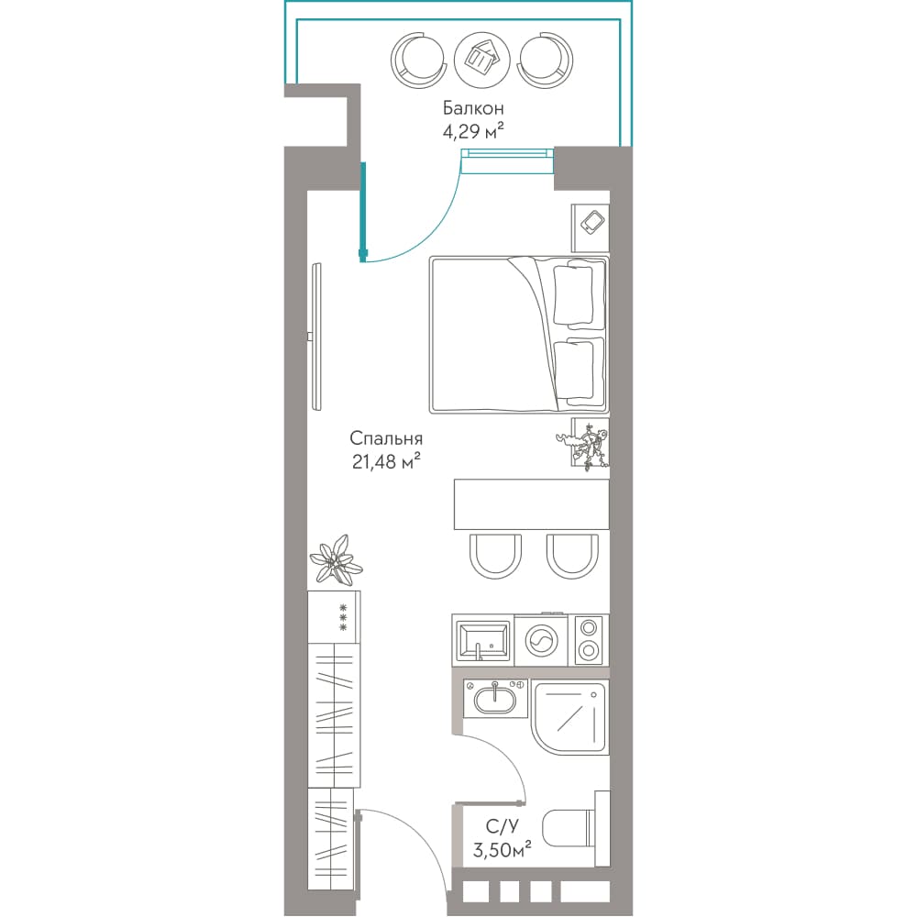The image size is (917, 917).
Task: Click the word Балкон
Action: click(x=473, y=108)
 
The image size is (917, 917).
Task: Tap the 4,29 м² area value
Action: click(x=473, y=131)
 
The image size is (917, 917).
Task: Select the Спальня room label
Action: click(x=386, y=438)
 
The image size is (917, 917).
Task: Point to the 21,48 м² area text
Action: click(x=386, y=462)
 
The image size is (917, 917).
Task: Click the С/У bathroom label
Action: click(x=503, y=826)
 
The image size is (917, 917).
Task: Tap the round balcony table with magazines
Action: click(x=482, y=60)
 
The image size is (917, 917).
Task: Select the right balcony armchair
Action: click(x=545, y=60)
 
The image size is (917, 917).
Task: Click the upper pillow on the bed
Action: click(x=572, y=294)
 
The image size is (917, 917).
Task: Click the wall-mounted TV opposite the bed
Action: click(x=316, y=337)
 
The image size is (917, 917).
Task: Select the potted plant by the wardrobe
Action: click(x=336, y=560)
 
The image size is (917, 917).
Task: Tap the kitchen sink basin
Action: click(x=483, y=642)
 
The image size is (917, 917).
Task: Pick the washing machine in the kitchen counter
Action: click(x=542, y=640)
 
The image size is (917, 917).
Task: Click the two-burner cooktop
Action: click(x=589, y=640)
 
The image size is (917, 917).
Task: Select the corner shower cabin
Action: click(x=570, y=717)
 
